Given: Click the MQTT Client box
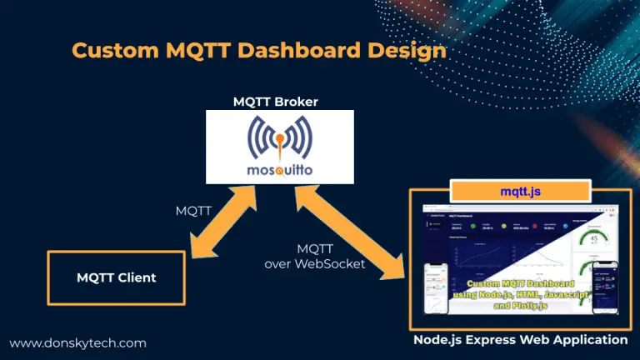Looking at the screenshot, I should [115, 277].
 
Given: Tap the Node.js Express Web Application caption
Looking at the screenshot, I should [520, 340].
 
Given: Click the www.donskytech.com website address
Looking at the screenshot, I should [78, 342].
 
